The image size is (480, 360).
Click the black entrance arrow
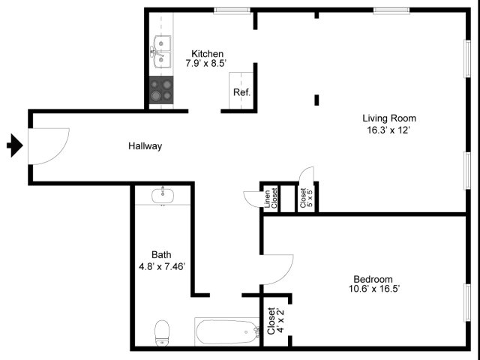[x=15, y=145]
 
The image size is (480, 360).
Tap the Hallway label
[x=145, y=146]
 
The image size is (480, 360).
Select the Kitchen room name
[x=207, y=53]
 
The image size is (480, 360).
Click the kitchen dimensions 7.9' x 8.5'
[x=205, y=63]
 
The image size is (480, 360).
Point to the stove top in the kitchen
[x=161, y=90]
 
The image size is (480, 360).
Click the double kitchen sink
[x=160, y=52]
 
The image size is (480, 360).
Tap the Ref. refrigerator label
[x=241, y=92]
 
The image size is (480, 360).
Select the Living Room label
[x=389, y=118]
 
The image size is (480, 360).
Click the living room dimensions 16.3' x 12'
[x=388, y=130]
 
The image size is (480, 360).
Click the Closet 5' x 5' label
[x=307, y=198]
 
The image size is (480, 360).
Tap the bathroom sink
[x=163, y=195]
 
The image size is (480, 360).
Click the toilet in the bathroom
[x=162, y=333]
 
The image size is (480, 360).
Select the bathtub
[x=227, y=331]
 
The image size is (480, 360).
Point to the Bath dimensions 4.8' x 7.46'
[x=162, y=267]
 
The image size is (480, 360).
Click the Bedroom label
[x=373, y=279]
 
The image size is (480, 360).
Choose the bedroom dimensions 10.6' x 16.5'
[x=374, y=289]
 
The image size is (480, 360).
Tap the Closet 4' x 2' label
[x=276, y=321]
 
